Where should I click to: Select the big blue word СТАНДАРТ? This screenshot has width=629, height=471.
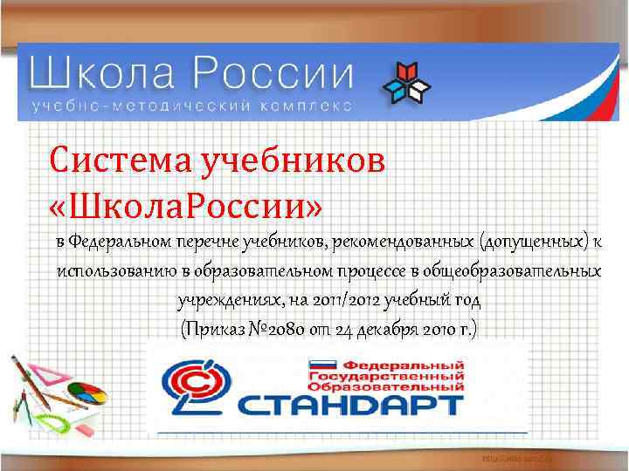coord(349,405)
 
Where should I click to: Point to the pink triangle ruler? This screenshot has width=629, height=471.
coord(48,375)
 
